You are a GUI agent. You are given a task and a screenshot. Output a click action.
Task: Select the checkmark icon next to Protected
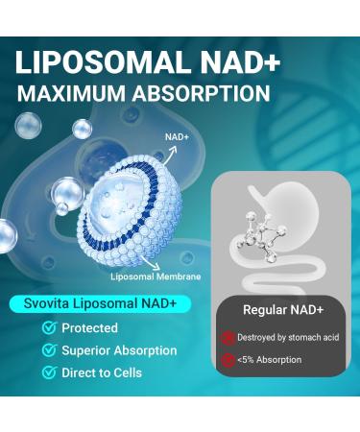click(48, 328)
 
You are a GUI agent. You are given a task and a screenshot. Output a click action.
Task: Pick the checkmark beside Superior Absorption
click(48, 350)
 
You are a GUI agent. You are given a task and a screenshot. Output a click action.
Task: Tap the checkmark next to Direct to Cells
click(48, 372)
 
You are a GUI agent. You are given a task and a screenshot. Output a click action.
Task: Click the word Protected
click(89, 328)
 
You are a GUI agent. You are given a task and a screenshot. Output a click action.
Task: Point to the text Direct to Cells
click(102, 372)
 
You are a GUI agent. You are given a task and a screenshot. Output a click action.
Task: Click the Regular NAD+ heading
click(282, 310)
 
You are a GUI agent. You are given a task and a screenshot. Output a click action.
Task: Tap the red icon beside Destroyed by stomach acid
click(228, 338)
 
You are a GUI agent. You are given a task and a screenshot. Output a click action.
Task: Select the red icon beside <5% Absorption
click(228, 360)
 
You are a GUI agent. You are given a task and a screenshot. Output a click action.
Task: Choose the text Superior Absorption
click(119, 350)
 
